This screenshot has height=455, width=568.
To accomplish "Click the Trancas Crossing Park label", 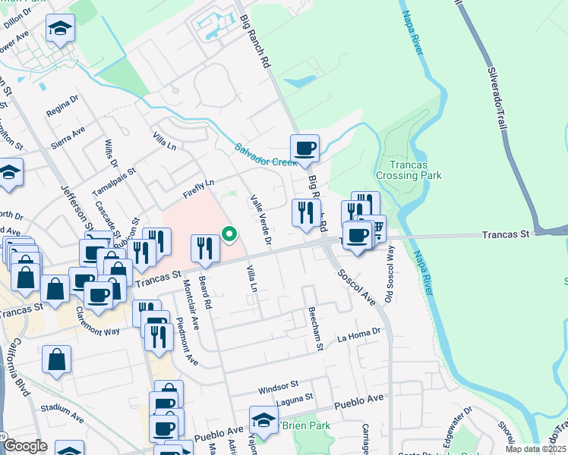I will click(x=414, y=170).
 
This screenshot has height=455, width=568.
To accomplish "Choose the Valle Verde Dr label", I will click(x=261, y=220).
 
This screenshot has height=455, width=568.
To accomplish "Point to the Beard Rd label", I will click(x=205, y=287).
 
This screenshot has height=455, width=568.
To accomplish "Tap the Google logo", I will click(x=25, y=447).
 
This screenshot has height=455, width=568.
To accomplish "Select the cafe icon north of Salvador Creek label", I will click(x=305, y=148).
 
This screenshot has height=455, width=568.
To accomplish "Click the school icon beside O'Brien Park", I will click(x=263, y=420).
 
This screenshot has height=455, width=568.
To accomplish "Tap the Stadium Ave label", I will click(x=62, y=417).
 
